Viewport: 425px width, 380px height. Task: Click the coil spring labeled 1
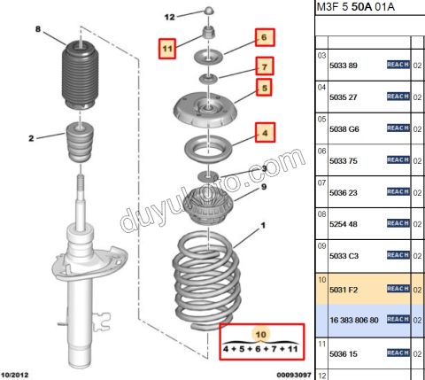206,281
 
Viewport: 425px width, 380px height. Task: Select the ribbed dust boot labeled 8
81,76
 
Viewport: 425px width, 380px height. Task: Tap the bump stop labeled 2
80,143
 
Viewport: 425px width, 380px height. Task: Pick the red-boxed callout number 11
167,49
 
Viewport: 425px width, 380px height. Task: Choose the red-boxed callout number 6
265,37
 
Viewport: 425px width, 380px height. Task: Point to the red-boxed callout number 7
265,66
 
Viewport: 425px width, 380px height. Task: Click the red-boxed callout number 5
264,88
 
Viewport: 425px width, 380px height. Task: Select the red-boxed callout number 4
265,133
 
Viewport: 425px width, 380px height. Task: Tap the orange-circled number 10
260,334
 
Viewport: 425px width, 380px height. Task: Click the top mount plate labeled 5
205,110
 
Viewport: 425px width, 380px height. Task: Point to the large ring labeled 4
208,149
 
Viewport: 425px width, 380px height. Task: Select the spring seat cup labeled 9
208,206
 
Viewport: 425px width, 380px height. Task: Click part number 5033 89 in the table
344,66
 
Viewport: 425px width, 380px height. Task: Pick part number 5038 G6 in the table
344,129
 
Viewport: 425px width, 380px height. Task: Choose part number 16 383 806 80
354,320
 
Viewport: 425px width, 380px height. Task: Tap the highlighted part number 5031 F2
344,290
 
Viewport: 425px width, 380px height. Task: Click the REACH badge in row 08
398,223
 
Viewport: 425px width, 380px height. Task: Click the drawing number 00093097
294,375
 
